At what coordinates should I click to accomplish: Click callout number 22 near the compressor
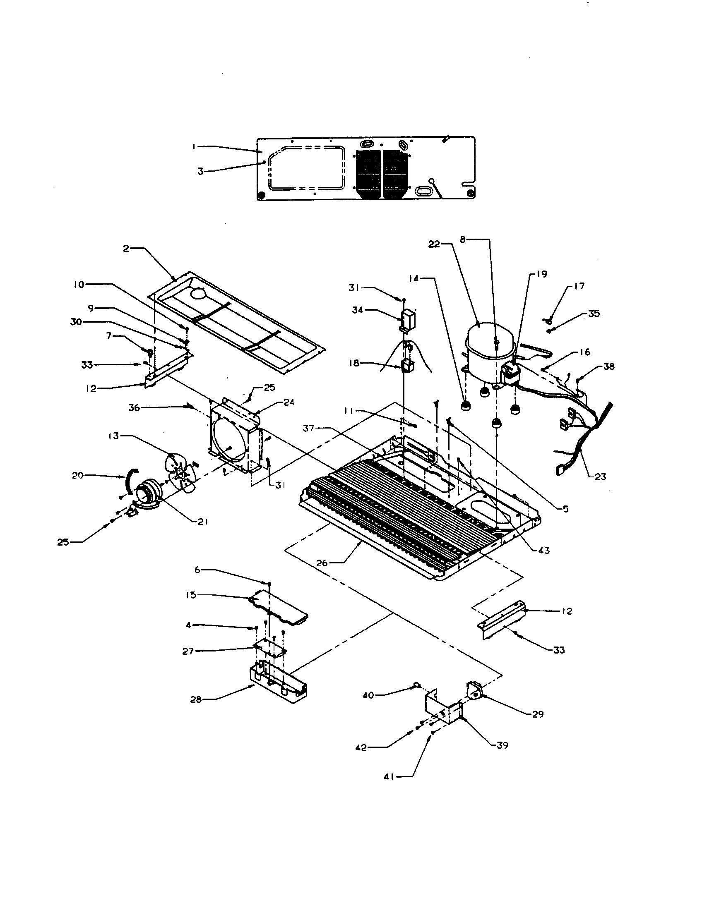coord(434,244)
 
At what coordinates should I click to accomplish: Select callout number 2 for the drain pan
coord(126,249)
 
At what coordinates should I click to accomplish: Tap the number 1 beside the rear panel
coord(195,146)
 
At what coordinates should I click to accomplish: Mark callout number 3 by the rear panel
coord(200,171)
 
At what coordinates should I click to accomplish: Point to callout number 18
coord(354,363)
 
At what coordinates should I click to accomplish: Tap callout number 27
coord(188,651)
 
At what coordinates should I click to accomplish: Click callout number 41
coord(389,777)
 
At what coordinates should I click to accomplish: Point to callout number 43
coord(543,551)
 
